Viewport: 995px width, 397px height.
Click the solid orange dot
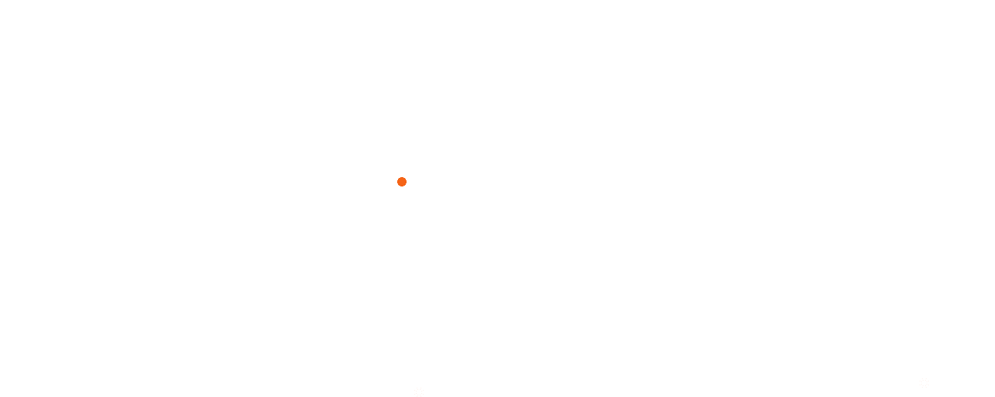point(402,182)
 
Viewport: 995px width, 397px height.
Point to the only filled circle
point(402,182)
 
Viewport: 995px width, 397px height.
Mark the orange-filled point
point(402,182)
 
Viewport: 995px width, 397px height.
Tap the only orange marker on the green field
point(402,182)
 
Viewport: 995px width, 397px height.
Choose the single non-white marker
point(402,182)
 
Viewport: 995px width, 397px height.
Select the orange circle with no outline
point(402,182)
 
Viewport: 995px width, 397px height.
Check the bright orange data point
point(402,182)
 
